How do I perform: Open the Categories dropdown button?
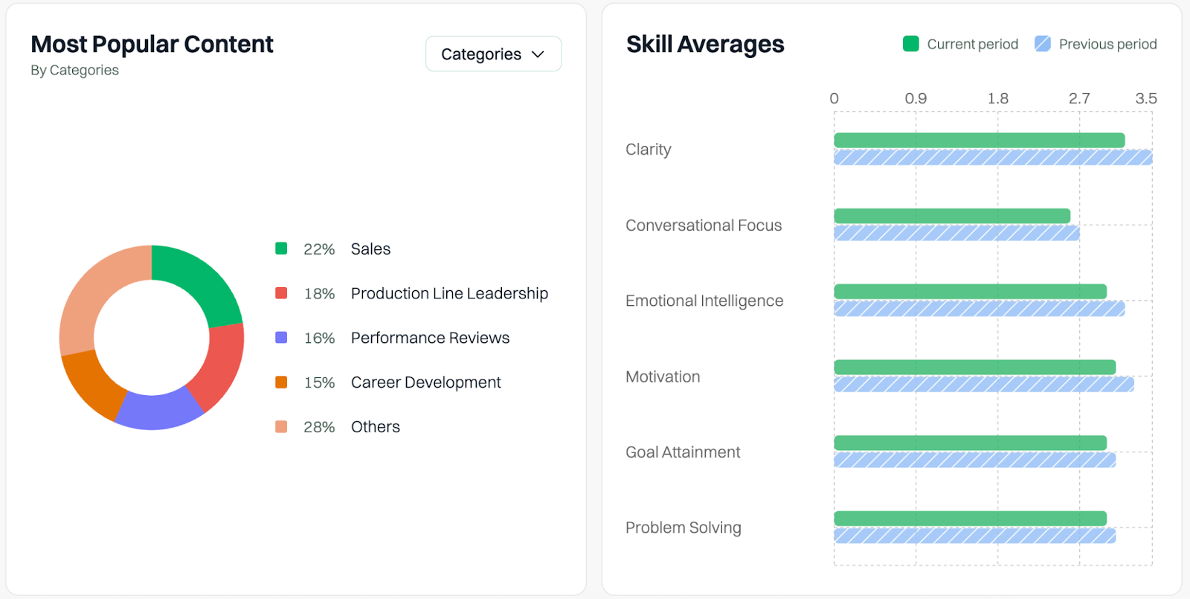[x=493, y=54]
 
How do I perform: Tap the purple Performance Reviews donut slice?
[x=158, y=411]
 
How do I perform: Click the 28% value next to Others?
[x=319, y=427]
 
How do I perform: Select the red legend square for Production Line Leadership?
[x=281, y=293]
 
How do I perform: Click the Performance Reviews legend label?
[x=430, y=338]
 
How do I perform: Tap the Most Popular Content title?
[x=152, y=45]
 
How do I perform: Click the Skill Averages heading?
[x=705, y=45]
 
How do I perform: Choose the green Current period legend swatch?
[x=911, y=44]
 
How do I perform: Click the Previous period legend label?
[x=1107, y=45]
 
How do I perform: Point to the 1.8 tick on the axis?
[x=997, y=98]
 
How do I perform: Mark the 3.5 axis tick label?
[x=1145, y=98]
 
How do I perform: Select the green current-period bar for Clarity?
[x=979, y=140]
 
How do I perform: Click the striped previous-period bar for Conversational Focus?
[x=956, y=234]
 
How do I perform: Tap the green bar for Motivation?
[x=974, y=367]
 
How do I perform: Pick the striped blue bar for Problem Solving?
[x=974, y=536]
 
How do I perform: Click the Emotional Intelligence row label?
[x=704, y=301]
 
